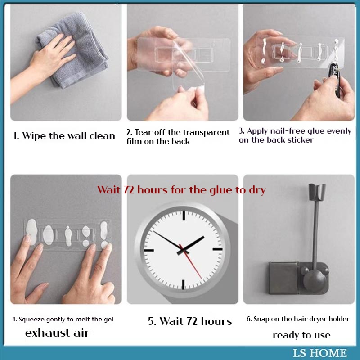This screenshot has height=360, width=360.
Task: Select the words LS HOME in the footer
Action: pos(319,353)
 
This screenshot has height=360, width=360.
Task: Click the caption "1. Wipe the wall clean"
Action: pos(64,136)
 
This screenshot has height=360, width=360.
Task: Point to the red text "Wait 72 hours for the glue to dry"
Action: pos(181,190)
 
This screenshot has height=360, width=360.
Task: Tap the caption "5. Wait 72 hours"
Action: pos(190,321)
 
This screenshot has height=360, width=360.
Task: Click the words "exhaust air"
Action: pos(58,333)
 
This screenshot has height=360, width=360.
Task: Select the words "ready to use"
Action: pos(301,335)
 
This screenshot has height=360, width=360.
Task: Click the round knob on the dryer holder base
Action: pos(314,280)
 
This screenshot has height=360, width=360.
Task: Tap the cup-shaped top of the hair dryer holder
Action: pos(317,191)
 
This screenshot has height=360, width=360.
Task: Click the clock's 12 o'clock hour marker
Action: pos(184,216)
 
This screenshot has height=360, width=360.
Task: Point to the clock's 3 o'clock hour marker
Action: pos(218,249)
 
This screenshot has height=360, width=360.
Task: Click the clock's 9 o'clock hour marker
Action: pos(149,250)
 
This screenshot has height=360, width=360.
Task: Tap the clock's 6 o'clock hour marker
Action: pos(183,284)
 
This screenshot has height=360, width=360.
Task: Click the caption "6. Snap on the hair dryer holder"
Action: pos(298,319)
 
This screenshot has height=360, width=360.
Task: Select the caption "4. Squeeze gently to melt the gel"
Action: pos(63,319)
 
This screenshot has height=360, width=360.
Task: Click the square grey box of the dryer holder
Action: pos(283,278)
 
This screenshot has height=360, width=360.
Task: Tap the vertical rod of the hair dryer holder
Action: pos(316,234)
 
